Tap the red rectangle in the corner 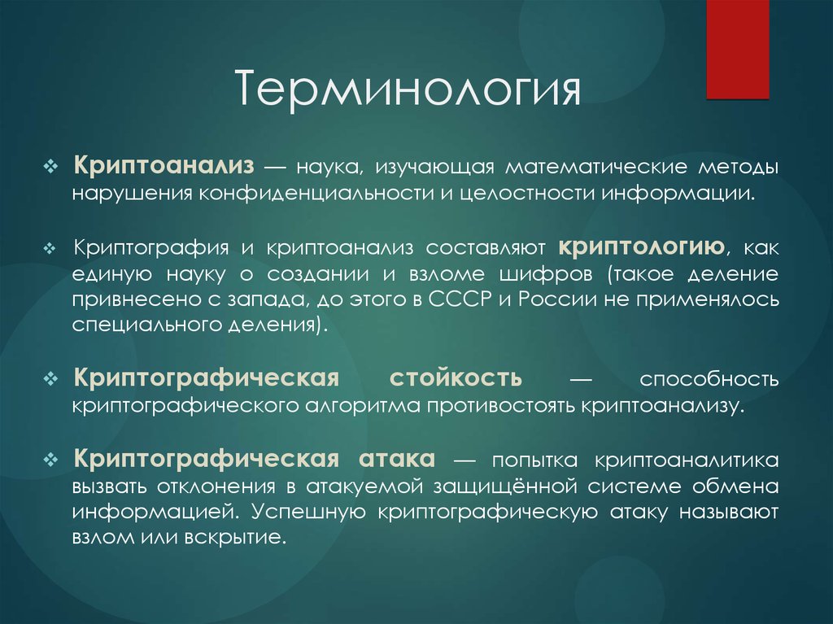(x=737, y=49)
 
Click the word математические (x=595, y=167)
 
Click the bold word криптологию (x=641, y=247)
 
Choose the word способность (x=709, y=379)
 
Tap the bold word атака (x=395, y=459)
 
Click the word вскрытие (x=247, y=538)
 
